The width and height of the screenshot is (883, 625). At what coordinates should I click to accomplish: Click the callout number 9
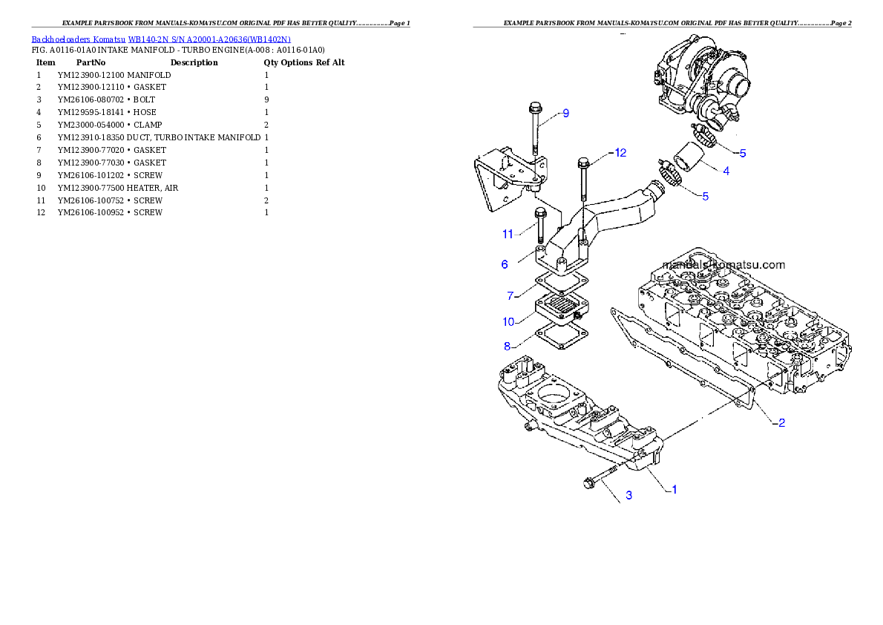tap(565, 114)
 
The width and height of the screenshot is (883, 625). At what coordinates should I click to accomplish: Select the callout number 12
tap(620, 153)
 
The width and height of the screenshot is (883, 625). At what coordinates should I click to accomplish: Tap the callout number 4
tap(726, 171)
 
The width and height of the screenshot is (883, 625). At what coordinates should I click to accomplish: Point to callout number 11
tap(508, 235)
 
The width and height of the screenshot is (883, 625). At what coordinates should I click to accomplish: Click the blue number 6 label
tap(505, 264)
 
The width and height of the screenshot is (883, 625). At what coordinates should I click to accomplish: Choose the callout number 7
tap(511, 296)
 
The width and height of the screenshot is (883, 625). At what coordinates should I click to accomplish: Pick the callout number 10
tap(508, 321)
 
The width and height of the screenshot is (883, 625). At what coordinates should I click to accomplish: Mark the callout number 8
tap(508, 346)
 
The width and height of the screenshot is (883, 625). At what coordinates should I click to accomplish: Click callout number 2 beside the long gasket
tap(781, 423)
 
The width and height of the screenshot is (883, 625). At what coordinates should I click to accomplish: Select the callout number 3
tap(628, 495)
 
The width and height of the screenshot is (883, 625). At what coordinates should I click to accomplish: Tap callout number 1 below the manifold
tap(674, 490)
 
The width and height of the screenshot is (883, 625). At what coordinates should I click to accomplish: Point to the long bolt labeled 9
tap(533, 134)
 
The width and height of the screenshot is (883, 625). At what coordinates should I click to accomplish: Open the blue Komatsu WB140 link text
tap(161, 39)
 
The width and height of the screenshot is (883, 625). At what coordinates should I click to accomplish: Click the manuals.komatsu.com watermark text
tap(723, 264)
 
